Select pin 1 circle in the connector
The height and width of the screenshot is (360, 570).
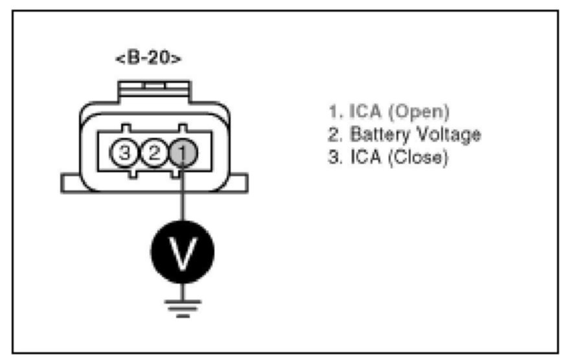click(182, 153)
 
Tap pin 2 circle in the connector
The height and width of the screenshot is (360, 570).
click(154, 153)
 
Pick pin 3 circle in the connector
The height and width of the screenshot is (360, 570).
click(126, 153)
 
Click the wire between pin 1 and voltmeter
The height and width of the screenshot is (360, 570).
click(182, 194)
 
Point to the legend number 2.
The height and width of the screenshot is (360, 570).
click(334, 135)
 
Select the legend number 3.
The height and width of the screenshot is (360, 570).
click(334, 157)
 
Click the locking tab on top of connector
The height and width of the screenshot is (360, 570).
click(154, 88)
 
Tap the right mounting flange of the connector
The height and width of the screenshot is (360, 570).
click(238, 183)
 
